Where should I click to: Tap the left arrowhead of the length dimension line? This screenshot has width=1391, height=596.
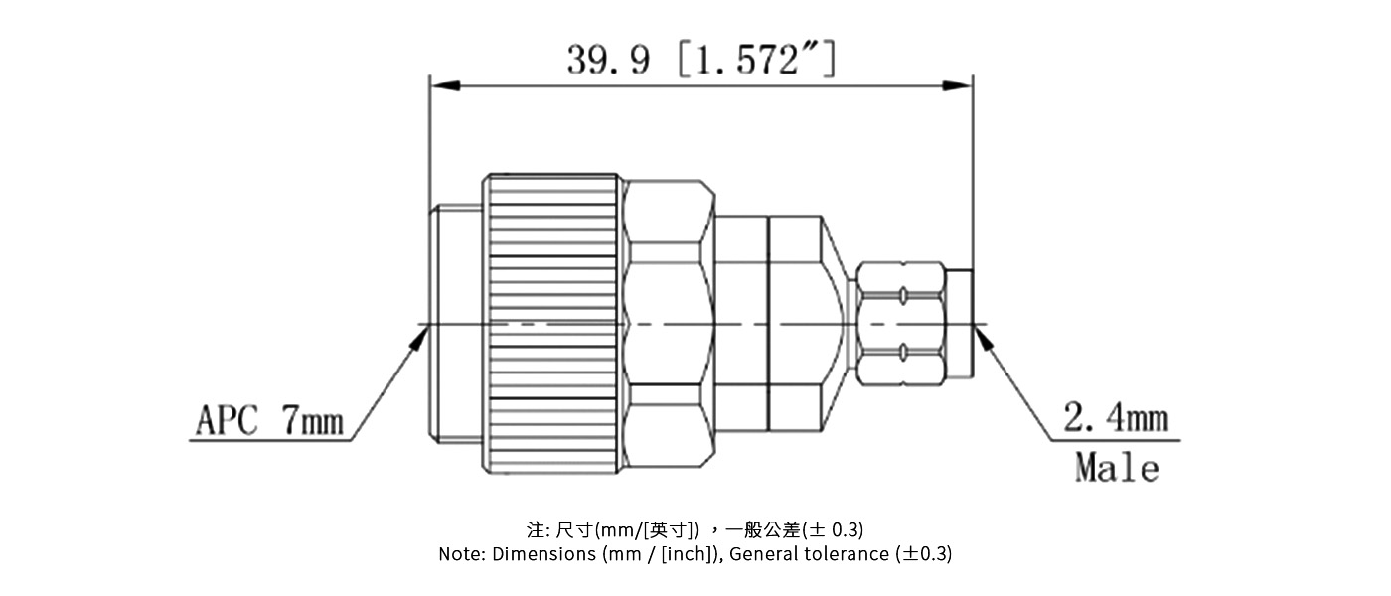(x=443, y=87)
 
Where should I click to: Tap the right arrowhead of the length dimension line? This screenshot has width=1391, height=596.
(x=958, y=87)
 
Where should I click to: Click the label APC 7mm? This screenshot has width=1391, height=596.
(x=268, y=422)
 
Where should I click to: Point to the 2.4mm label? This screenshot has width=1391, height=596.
(x=1116, y=419)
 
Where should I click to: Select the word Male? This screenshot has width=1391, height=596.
(x=1117, y=467)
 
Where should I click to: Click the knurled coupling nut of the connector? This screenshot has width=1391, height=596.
(x=554, y=324)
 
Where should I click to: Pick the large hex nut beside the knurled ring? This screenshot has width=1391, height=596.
(x=670, y=324)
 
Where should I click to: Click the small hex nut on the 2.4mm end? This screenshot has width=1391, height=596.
(x=899, y=324)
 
